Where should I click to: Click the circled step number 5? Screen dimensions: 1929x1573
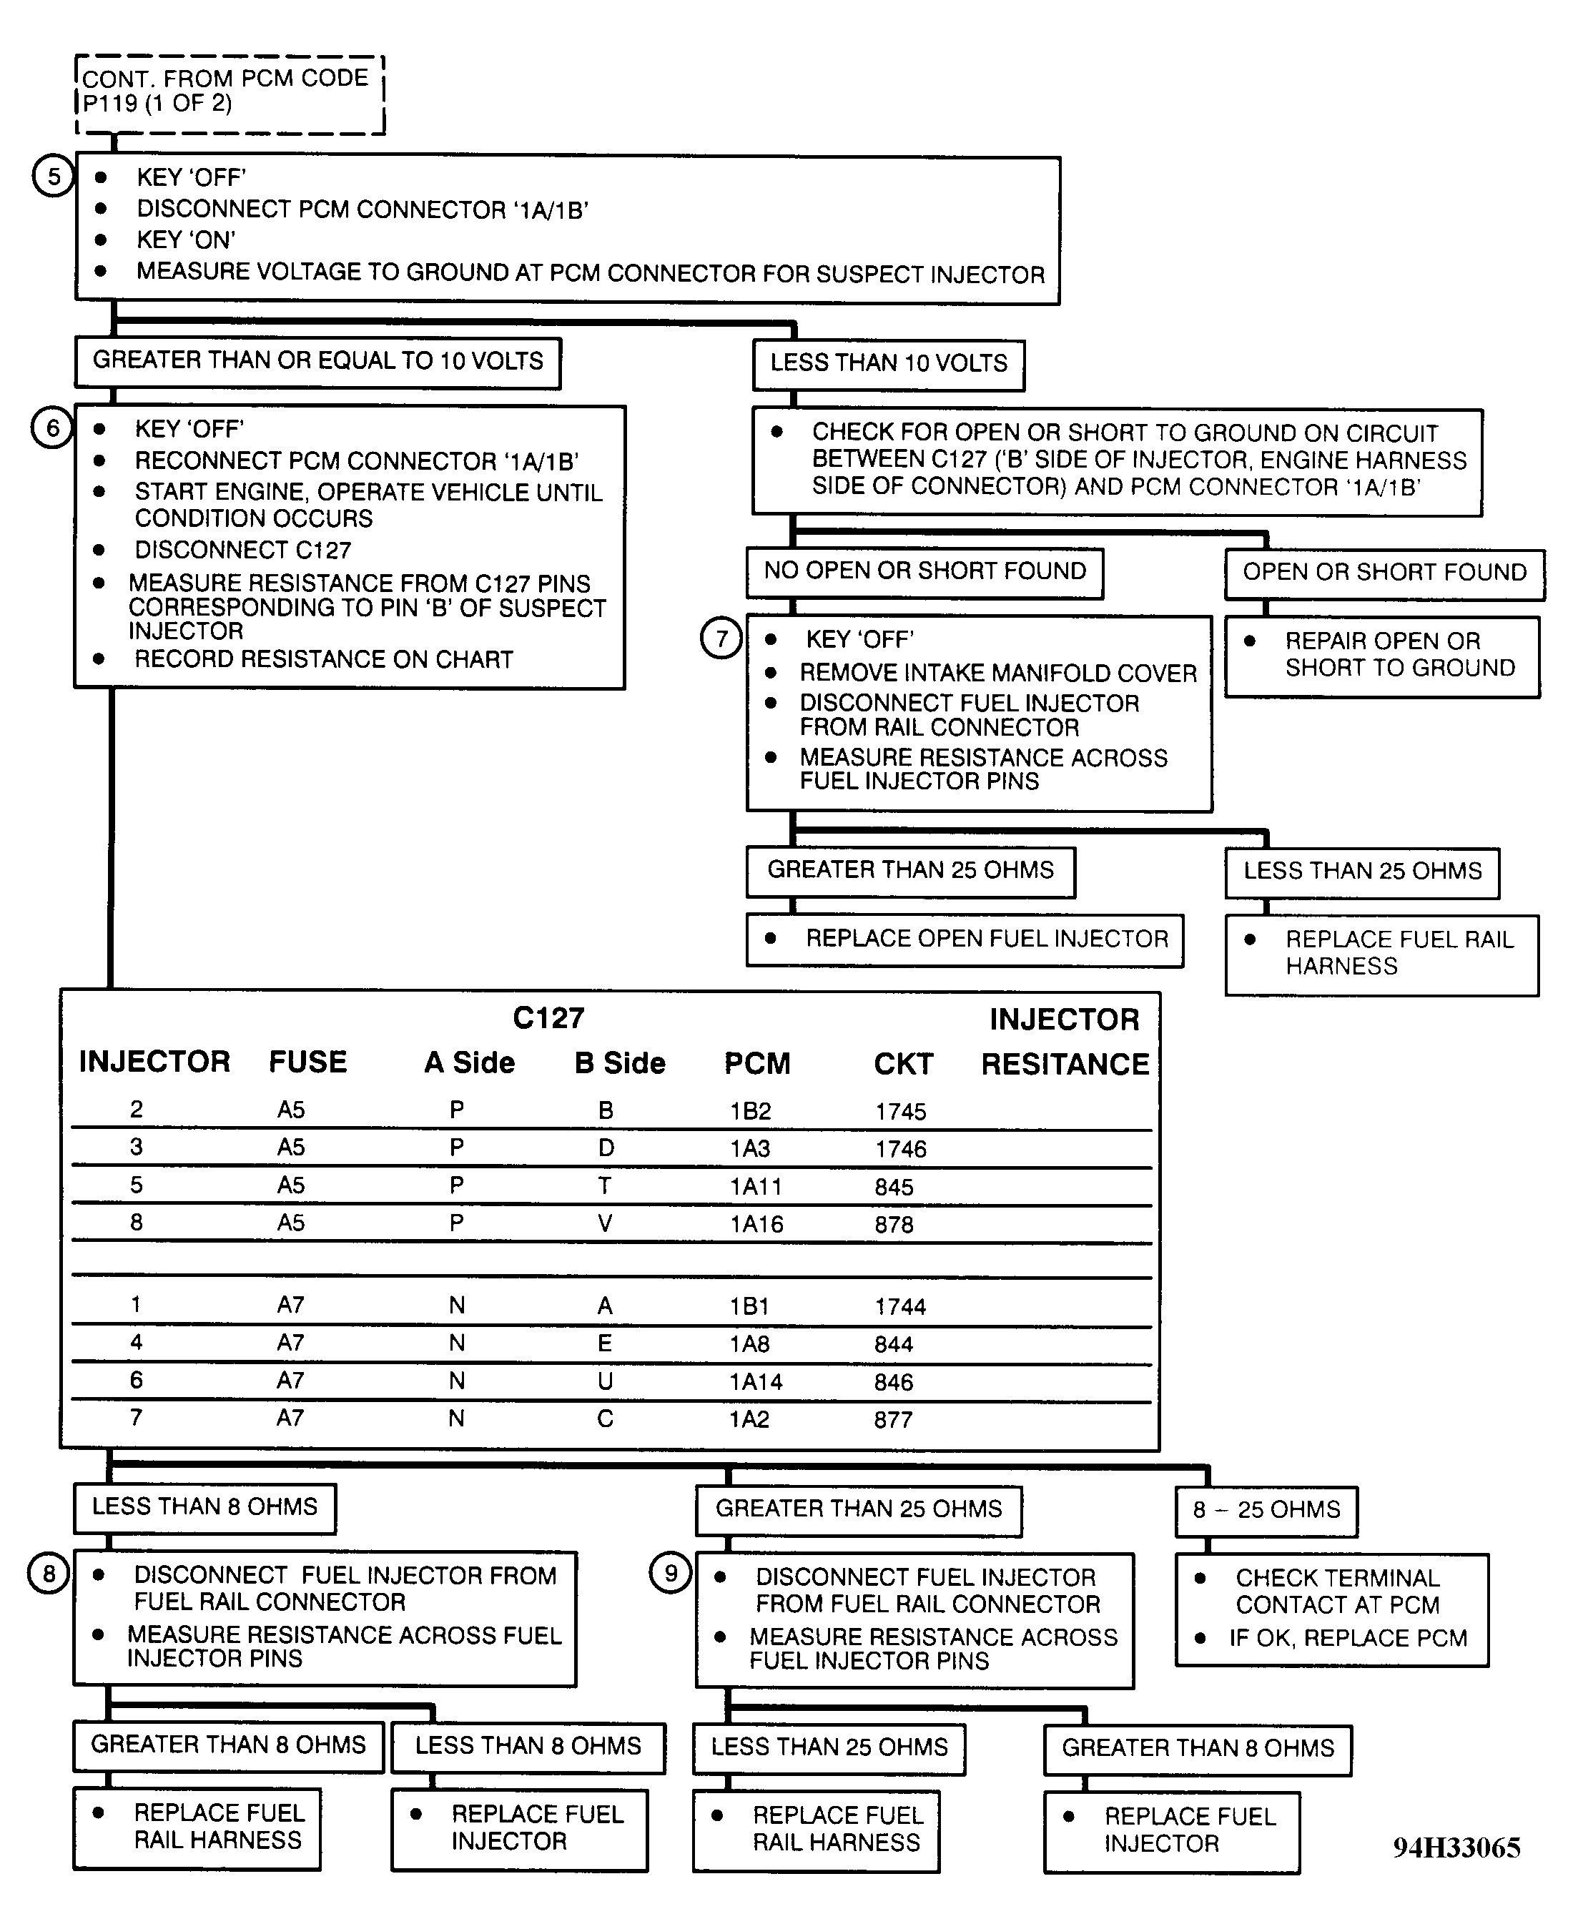54,176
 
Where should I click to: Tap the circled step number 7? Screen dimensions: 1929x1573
721,638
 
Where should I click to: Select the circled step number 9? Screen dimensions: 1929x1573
671,1572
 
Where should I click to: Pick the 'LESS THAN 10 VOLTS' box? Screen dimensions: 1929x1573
888,364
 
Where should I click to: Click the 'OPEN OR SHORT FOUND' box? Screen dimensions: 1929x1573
1384,573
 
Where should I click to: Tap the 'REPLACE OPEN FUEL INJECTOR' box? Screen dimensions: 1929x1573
965,939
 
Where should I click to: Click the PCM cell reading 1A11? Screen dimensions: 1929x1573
756,1186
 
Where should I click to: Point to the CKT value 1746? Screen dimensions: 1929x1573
901,1149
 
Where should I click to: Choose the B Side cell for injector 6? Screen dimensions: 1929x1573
606,1381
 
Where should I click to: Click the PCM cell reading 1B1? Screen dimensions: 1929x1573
749,1306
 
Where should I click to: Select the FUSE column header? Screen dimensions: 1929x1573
308,1062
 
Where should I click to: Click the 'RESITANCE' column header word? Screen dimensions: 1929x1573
1065,1064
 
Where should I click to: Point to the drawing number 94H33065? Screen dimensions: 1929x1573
1456,1847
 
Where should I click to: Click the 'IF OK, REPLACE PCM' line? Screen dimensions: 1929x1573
1347,1638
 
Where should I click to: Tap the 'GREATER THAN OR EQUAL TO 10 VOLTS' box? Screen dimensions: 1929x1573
317,362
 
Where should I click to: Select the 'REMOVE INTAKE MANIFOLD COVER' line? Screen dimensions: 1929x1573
997,674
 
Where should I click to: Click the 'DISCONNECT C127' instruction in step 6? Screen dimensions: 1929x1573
243,550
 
